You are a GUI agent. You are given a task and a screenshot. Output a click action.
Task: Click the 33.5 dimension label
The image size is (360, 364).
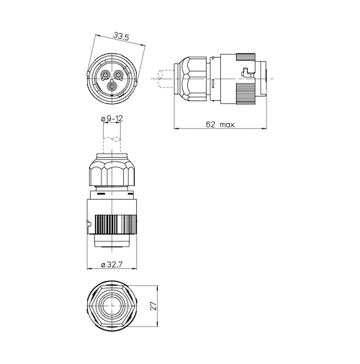point(121,37)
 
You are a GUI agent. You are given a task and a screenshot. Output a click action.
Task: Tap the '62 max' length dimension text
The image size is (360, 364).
point(220,125)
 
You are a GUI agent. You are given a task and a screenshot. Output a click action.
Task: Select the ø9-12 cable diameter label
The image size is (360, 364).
point(112,118)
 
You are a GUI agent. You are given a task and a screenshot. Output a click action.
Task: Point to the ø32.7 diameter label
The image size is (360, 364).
point(112,265)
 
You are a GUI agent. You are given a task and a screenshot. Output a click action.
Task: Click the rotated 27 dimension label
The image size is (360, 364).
point(153,306)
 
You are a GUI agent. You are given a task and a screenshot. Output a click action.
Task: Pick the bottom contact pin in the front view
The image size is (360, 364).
point(112,86)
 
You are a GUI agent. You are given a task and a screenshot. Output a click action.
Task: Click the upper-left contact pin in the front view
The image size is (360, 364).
point(105,75)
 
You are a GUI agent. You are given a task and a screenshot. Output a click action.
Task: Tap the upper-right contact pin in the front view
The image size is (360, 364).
point(118,75)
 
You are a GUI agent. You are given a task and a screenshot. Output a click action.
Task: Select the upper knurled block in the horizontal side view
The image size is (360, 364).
point(246,57)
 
